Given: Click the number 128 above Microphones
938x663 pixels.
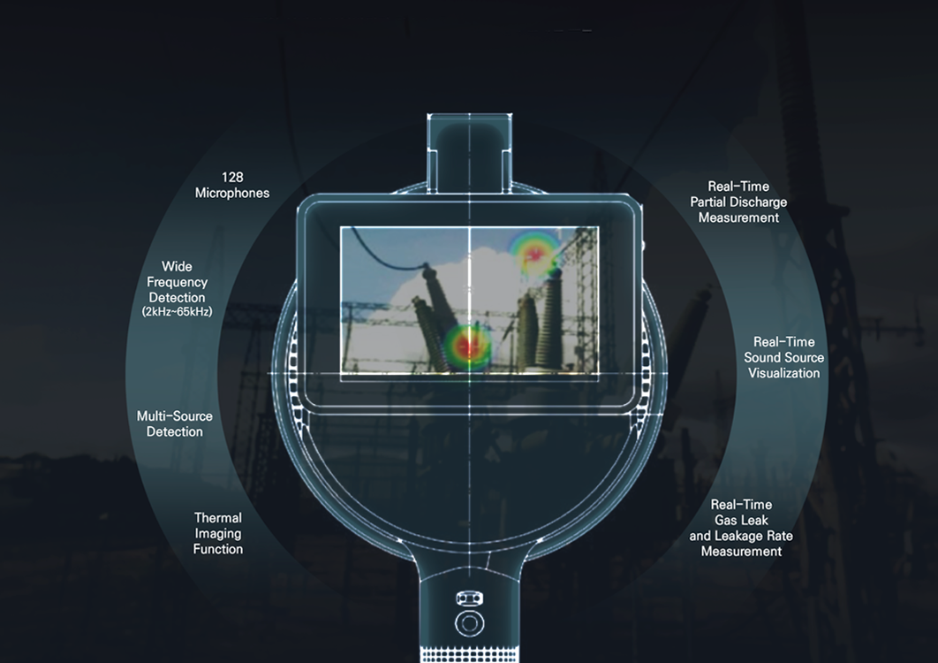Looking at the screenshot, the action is pos(232,177).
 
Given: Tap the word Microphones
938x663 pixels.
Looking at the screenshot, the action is pos(232,193).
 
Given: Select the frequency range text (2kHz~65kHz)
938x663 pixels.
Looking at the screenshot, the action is pos(177,312).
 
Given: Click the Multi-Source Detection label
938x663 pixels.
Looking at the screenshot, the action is pos(175,423).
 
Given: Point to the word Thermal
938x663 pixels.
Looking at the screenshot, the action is pos(218,518).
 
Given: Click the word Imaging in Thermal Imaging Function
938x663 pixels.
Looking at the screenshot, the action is pos(218,534).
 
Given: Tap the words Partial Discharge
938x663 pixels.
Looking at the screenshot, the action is pos(738,202).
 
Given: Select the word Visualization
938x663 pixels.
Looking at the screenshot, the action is pos(783,373).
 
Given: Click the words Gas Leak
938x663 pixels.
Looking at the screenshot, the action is pos(741,521).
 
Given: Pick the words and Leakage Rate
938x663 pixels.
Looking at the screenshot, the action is pos(741,536).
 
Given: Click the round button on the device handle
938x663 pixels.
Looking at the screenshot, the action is pos(469,622).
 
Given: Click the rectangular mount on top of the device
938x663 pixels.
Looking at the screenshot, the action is pos(469,150).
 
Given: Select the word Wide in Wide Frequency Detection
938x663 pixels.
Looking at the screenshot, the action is pos(177,266).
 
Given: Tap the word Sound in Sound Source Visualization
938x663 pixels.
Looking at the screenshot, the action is pos(765,357).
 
